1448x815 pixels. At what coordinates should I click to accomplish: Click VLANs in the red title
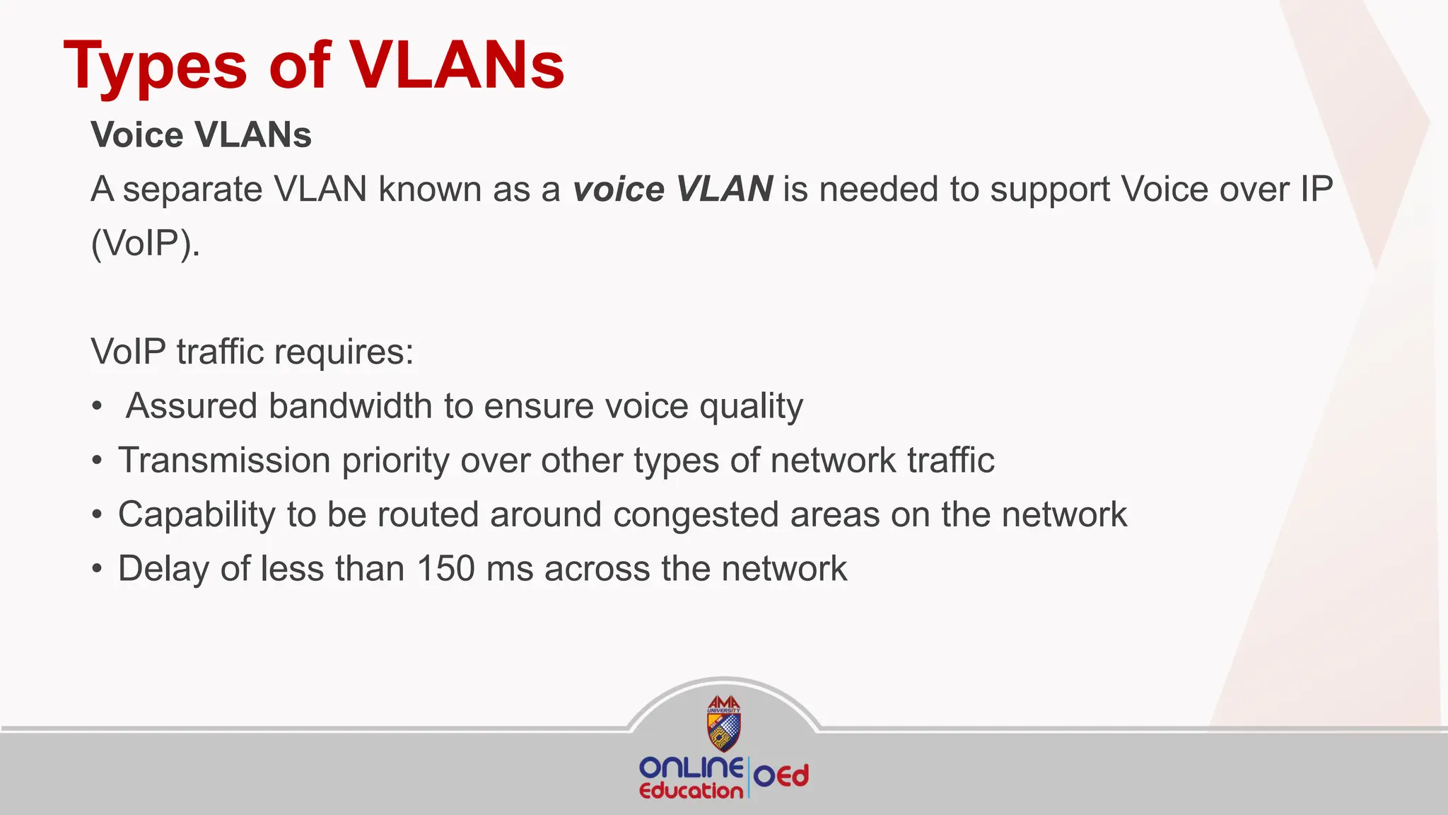point(457,65)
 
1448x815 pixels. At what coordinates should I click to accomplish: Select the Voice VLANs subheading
point(201,134)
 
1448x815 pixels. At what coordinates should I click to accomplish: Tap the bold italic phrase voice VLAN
point(672,190)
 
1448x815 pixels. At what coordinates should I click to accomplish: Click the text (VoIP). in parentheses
point(146,244)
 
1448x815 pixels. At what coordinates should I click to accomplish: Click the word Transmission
point(224,461)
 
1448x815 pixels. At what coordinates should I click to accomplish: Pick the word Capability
point(197,515)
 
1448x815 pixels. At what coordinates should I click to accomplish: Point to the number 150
point(445,569)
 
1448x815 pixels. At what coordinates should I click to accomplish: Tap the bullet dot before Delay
point(98,570)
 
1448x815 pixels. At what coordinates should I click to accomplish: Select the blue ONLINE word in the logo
point(690,768)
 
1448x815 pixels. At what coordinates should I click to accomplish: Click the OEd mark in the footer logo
point(781,777)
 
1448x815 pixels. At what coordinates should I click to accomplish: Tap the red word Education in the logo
point(691,791)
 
